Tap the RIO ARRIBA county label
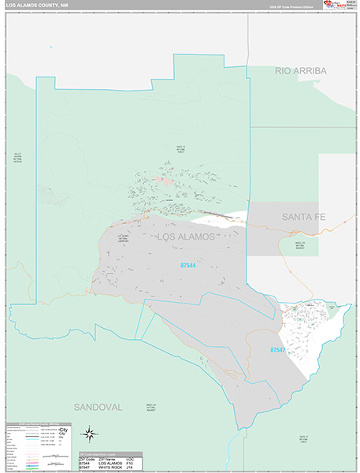click(x=300, y=71)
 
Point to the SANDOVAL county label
click(x=98, y=407)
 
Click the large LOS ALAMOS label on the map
click(x=185, y=236)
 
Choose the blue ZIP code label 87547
click(x=277, y=349)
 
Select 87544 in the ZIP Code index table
click(x=87, y=461)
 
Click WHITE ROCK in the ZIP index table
click(x=113, y=467)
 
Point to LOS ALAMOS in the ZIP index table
click(x=113, y=461)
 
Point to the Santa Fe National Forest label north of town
click(x=180, y=149)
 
